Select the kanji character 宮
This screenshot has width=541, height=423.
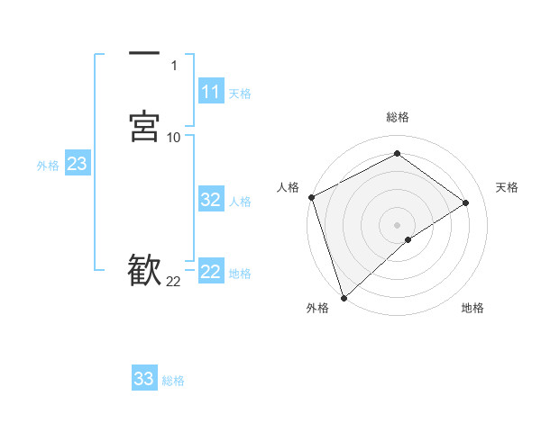click(144, 127)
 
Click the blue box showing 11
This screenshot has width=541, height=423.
click(211, 92)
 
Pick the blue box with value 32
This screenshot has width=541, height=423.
click(211, 200)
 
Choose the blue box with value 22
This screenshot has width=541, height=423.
click(211, 272)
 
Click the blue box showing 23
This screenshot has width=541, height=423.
click(77, 164)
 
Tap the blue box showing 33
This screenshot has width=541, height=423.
click(144, 379)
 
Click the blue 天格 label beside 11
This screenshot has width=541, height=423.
click(240, 94)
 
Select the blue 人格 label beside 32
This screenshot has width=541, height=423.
click(240, 202)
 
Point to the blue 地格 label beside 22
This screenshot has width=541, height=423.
click(240, 274)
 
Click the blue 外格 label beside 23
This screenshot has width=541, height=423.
click(48, 166)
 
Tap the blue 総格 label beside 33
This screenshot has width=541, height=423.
click(173, 381)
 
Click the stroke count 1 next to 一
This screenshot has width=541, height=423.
click(173, 66)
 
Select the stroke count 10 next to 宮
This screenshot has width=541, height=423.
click(173, 138)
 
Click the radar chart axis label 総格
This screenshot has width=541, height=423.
click(397, 117)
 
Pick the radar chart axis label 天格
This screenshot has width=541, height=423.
click(508, 187)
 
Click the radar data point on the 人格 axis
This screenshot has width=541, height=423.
click(311, 197)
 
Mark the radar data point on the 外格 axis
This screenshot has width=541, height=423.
click(344, 296)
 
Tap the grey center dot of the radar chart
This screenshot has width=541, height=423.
click(397, 224)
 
